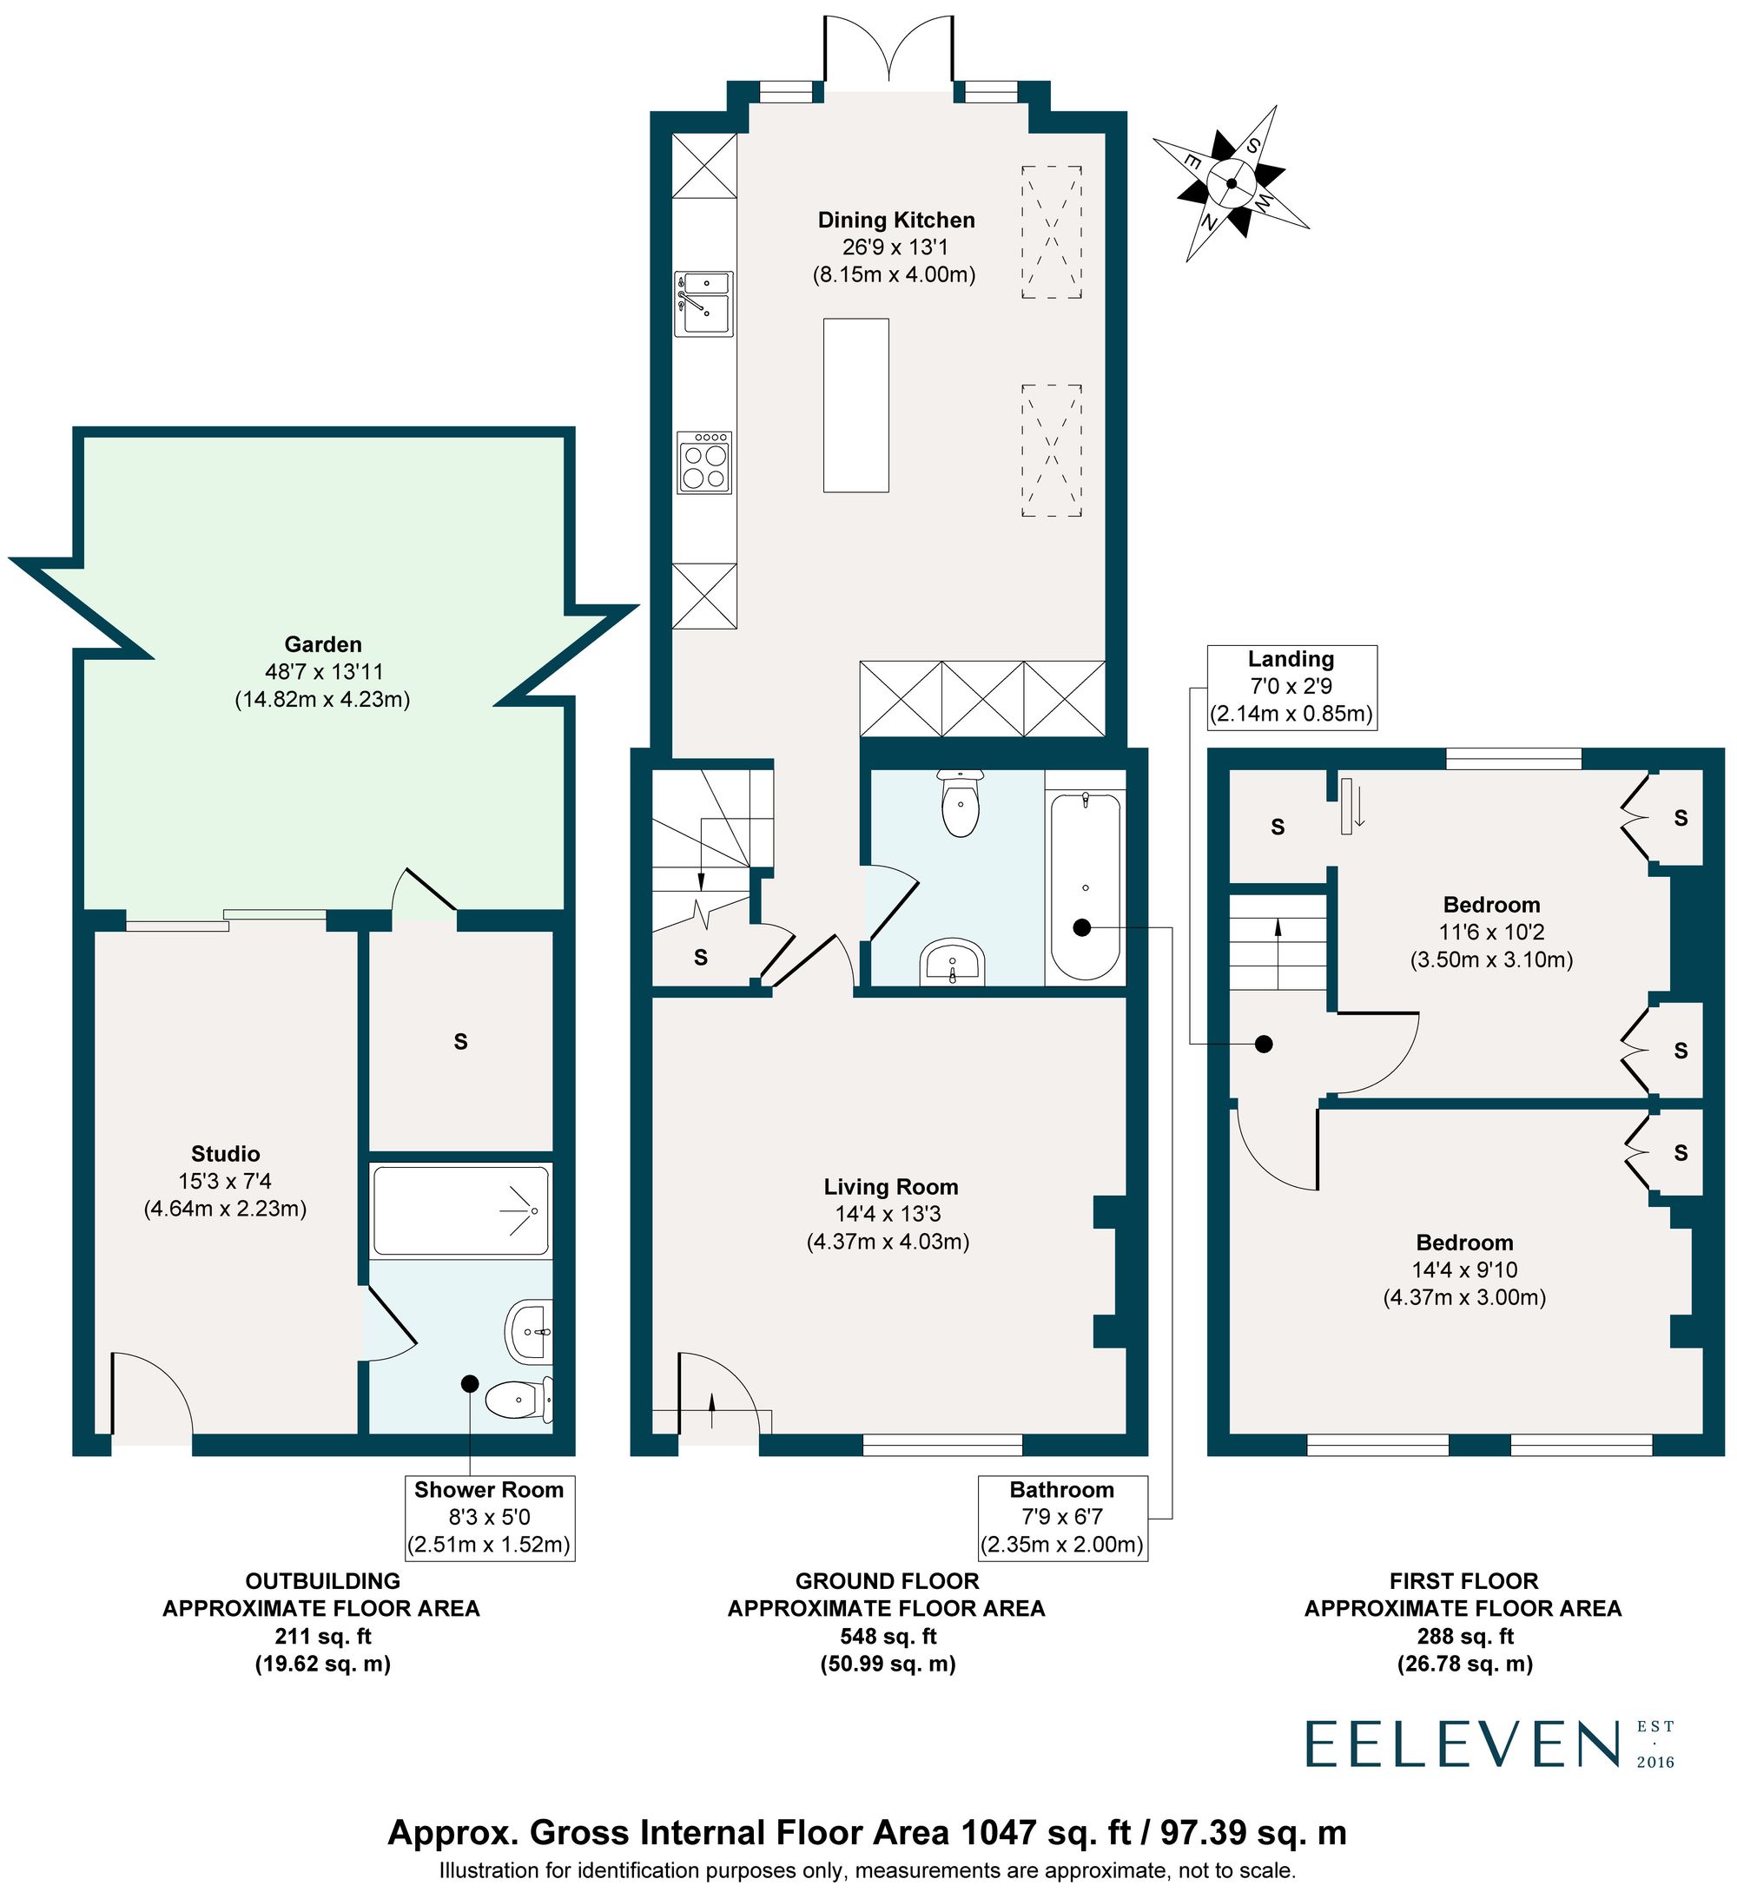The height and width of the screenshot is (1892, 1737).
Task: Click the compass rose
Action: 1231,183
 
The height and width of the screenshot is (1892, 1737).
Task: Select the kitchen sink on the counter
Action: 703,304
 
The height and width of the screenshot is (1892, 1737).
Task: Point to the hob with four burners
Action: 704,463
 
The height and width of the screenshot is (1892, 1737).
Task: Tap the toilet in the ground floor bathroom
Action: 960,806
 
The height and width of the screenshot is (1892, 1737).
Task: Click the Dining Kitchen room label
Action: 895,220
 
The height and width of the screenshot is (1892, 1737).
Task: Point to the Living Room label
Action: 890,1186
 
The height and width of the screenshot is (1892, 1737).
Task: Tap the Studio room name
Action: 226,1153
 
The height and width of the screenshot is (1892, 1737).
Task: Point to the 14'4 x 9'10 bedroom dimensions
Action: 1464,1269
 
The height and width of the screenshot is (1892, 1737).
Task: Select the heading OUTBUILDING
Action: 322,1581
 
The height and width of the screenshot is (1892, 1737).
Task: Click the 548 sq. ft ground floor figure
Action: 888,1637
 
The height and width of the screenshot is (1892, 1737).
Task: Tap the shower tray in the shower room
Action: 459,1210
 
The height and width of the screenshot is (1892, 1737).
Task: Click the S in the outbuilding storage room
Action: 460,1041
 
